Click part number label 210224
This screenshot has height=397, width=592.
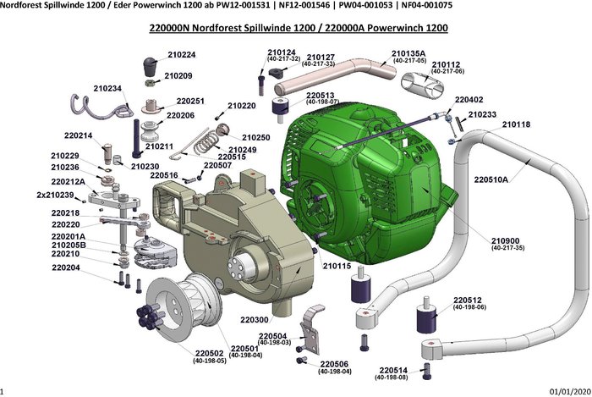pyautogui.click(x=180, y=55)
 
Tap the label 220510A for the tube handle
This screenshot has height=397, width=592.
pyautogui.click(x=491, y=179)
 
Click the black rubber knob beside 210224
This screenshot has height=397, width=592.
pyautogui.click(x=152, y=65)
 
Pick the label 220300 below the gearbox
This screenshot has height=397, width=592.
pyautogui.click(x=255, y=320)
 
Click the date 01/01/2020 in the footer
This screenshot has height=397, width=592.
pyautogui.click(x=567, y=391)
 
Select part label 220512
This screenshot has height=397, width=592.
pyautogui.click(x=467, y=300)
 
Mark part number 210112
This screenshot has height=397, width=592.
pyautogui.click(x=446, y=64)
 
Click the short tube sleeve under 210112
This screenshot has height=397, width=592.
pyautogui.click(x=416, y=85)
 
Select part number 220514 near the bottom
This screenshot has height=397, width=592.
pyautogui.click(x=395, y=370)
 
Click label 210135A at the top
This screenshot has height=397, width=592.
pyautogui.click(x=408, y=53)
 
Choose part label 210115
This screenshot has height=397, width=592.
pyautogui.click(x=337, y=266)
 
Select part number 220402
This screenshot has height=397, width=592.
pyautogui.click(x=469, y=99)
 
